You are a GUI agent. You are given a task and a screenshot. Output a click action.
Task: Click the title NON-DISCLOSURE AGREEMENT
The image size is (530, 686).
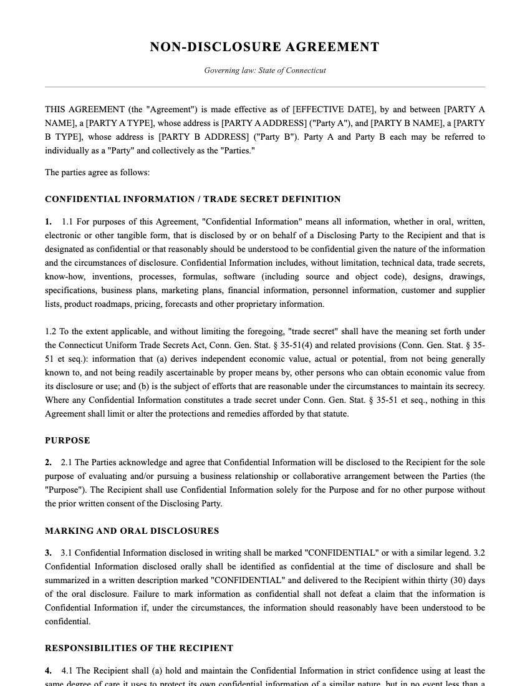click(264, 47)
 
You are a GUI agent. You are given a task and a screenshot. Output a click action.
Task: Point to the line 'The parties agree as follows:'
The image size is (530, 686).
click(97, 173)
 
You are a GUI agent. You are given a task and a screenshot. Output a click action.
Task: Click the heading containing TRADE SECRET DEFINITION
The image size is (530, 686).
click(193, 200)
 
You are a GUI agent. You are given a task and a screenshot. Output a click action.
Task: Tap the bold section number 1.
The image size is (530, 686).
click(48, 222)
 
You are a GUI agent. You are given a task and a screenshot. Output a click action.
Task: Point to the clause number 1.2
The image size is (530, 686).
click(51, 332)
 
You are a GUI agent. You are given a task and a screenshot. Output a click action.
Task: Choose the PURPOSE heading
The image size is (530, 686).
click(67, 441)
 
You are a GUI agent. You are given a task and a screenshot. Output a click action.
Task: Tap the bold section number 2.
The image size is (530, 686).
click(48, 463)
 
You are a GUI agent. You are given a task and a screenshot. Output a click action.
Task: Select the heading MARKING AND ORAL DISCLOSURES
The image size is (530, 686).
click(132, 531)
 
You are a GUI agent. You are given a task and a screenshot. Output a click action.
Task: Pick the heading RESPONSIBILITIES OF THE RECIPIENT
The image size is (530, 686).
click(139, 649)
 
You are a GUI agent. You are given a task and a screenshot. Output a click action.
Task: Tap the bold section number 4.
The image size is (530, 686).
click(48, 671)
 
